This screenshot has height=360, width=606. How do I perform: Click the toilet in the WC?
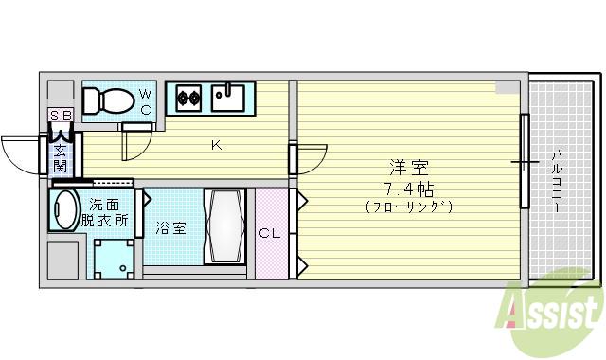tap(108, 99)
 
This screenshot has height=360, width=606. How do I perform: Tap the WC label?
tap(146, 99)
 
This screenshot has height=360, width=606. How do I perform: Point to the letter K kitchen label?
tap(216, 145)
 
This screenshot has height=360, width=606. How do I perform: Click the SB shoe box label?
tap(60, 117)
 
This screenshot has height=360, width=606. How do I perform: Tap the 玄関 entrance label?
tap(60, 158)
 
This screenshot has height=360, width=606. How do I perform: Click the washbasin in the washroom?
tap(63, 209)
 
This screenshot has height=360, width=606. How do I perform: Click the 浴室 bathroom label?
tap(171, 228)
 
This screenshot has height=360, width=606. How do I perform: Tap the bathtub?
tap(225, 227)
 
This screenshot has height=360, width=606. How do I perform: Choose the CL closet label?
tap(270, 231)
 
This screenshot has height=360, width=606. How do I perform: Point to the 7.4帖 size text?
tap(409, 187)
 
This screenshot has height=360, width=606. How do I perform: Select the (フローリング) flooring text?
tap(409, 206)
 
